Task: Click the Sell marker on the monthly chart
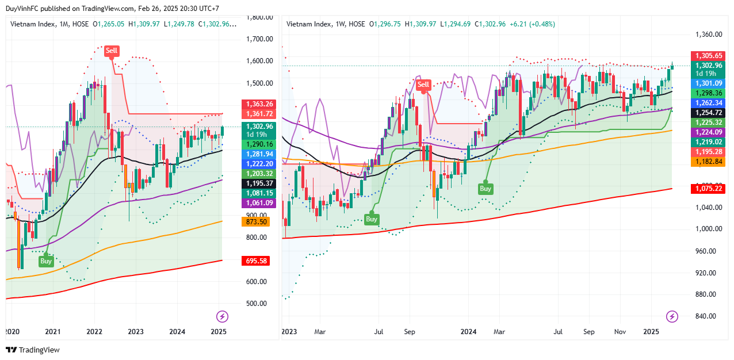tap(111, 51)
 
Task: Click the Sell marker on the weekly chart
tap(423, 85)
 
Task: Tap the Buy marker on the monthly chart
tap(46, 261)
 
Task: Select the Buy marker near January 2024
tap(485, 189)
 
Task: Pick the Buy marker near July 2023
tap(372, 219)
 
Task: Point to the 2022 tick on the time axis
tap(94, 332)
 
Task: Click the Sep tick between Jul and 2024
tap(410, 332)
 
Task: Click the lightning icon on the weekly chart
tap(672, 316)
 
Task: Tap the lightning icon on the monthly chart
tap(222, 316)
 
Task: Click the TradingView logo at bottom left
tap(33, 350)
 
